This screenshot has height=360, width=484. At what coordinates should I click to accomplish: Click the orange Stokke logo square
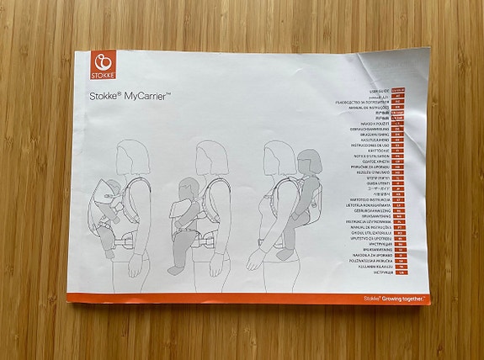pos(102,66)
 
